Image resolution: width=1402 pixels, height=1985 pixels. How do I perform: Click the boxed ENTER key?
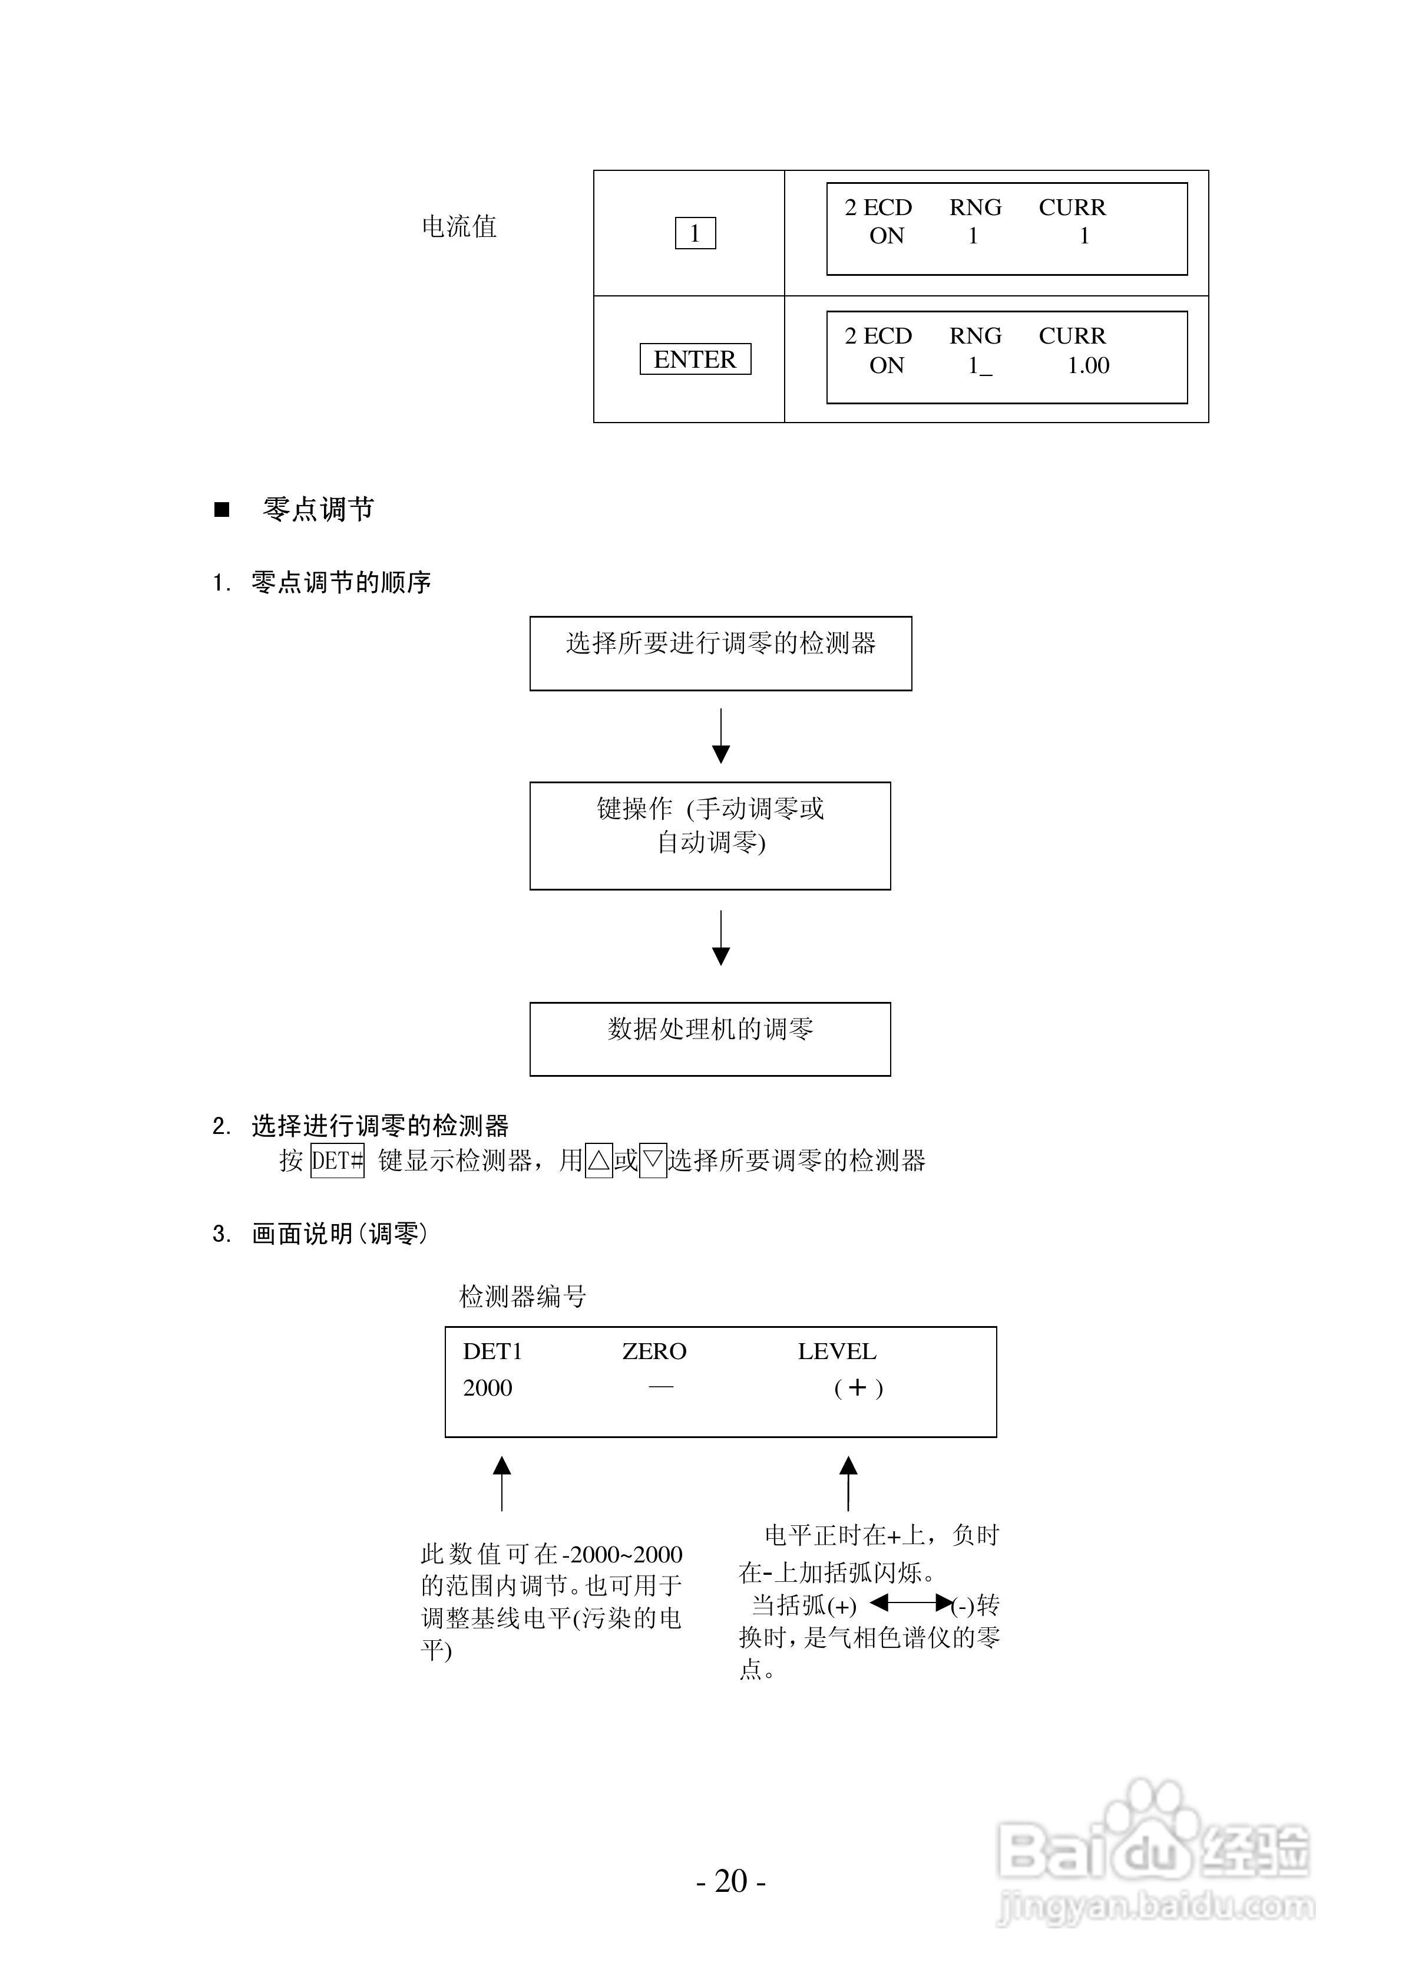(695, 359)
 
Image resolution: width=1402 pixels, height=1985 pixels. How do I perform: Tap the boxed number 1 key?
(695, 233)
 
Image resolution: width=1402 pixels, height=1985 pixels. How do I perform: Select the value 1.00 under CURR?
(1088, 365)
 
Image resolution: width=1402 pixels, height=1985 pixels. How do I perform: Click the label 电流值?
(459, 226)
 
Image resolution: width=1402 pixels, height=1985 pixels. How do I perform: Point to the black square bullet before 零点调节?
(222, 510)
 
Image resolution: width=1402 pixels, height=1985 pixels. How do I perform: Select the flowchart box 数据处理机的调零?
(710, 1038)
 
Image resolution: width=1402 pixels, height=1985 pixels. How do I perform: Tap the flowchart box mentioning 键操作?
(710, 835)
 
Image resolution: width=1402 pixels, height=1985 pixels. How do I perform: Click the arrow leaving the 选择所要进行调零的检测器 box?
(721, 736)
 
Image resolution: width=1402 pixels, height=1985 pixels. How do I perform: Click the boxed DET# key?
(337, 1160)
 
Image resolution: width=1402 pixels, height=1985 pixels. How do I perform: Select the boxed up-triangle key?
(599, 1160)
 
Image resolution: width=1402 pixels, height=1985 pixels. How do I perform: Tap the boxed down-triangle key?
(653, 1160)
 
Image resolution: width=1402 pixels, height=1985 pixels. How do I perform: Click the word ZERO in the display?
(654, 1351)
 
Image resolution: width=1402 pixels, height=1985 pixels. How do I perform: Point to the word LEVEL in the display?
(836, 1351)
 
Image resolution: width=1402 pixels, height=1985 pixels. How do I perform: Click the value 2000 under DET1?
(488, 1389)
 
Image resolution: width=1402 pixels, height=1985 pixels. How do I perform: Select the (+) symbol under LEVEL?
(858, 1389)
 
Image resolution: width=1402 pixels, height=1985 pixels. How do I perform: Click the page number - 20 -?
(731, 1881)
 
